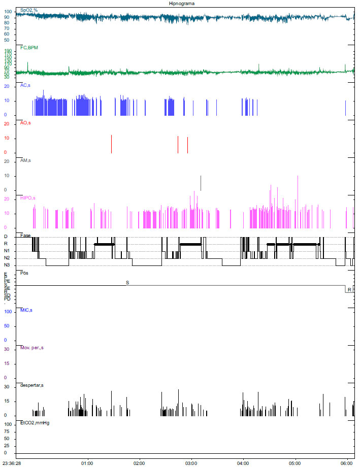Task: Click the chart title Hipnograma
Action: coord(181,3)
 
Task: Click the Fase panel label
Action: coord(25,235)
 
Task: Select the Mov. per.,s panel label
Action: coord(31,348)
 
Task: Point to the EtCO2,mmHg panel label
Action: coord(35,422)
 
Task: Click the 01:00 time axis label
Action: coord(87,463)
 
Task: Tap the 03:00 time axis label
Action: coord(191,463)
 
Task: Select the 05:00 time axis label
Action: coord(295,463)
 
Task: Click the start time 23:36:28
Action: coord(12,463)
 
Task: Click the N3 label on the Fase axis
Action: coord(7,265)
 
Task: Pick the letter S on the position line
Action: coord(127,281)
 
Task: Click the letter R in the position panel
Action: coord(349,289)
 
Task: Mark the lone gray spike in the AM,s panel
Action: coord(201,183)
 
